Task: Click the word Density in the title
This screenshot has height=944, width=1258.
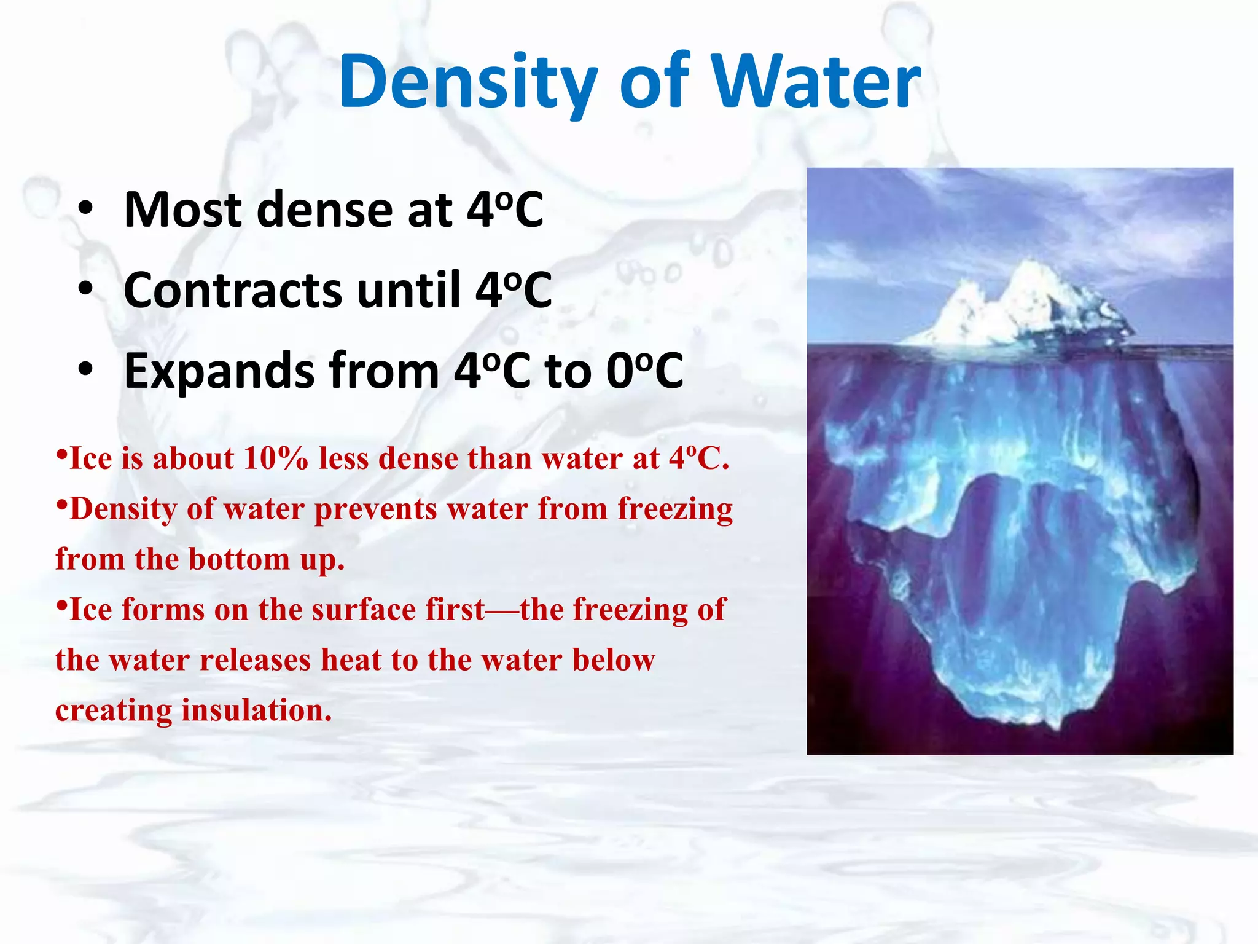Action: (x=467, y=83)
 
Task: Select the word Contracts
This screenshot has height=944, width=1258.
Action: (x=232, y=290)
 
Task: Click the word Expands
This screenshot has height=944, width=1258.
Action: (x=219, y=371)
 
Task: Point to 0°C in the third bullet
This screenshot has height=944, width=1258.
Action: (x=645, y=371)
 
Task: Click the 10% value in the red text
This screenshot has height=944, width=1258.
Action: (x=275, y=459)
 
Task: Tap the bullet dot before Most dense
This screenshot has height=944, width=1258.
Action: (x=86, y=209)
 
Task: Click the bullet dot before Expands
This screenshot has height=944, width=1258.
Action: (x=86, y=370)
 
